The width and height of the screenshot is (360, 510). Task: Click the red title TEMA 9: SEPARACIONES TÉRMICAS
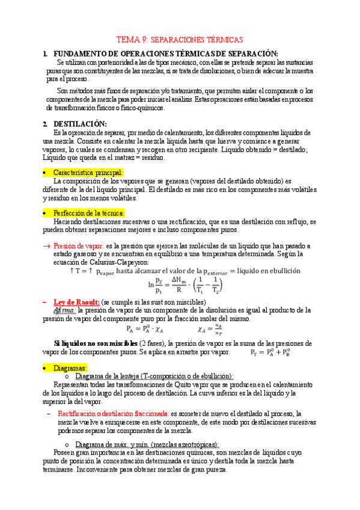[x=180, y=38]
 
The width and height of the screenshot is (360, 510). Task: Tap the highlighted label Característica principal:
[x=88, y=173]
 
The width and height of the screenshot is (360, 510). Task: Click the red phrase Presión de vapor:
[x=78, y=246]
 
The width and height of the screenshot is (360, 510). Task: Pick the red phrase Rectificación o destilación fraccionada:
[x=113, y=414]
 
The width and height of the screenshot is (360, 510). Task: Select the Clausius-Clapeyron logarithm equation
[x=184, y=284]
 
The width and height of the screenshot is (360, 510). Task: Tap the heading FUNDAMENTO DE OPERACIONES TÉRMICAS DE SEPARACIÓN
[x=165, y=54]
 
